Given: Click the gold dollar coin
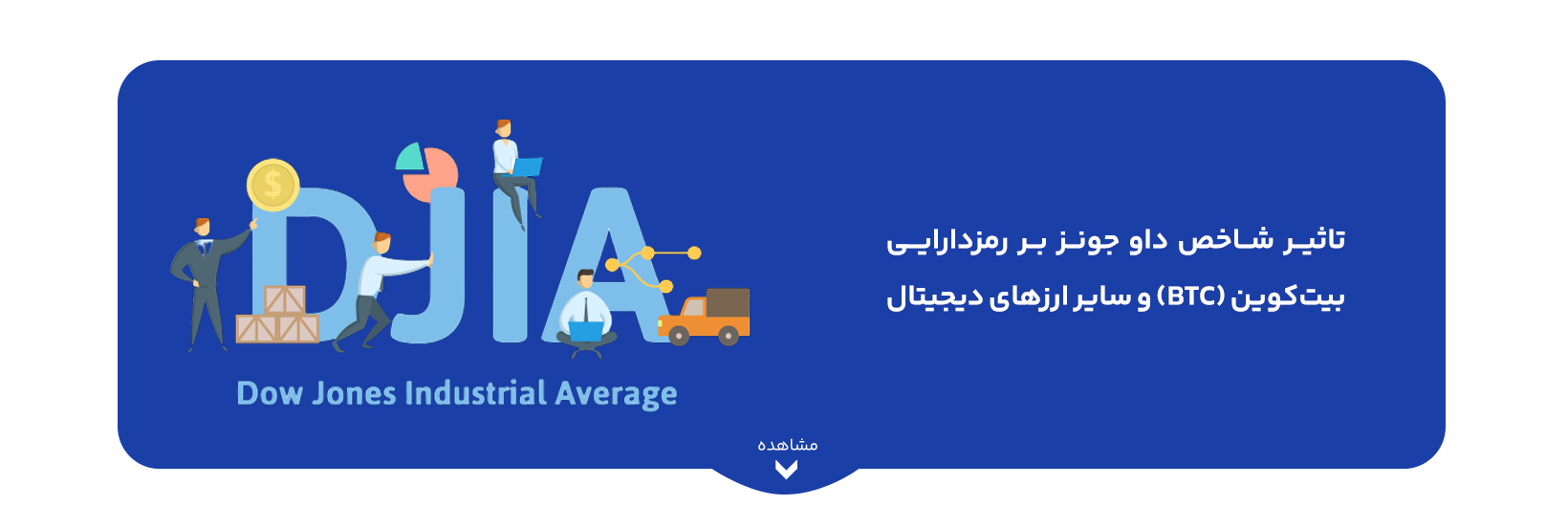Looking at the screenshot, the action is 273,185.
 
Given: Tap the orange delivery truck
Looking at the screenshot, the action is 704,318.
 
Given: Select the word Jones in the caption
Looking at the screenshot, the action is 355,393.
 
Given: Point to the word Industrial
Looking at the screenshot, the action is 476,393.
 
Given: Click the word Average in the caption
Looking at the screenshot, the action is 616,395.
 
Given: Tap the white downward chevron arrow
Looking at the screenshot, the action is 786,470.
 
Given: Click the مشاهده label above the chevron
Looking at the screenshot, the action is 788,445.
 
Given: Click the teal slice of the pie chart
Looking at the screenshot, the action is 410,158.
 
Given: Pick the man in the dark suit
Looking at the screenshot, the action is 207,283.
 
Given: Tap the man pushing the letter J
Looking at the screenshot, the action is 380,291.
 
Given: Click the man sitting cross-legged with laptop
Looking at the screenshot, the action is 587,313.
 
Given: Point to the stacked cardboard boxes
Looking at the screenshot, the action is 277,315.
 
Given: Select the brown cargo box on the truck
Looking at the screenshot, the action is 728,302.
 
